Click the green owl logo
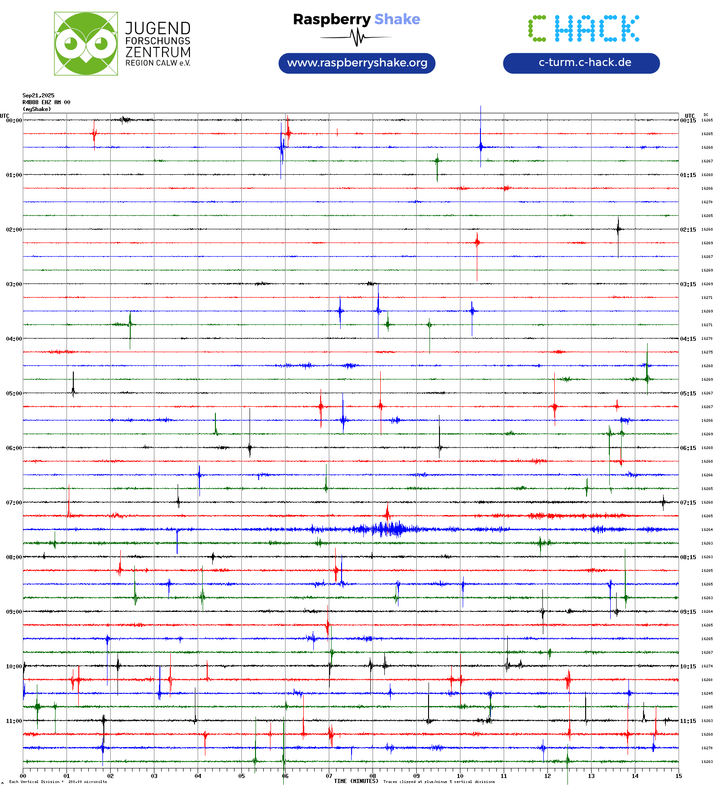86,44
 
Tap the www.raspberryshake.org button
357,63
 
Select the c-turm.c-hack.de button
581,63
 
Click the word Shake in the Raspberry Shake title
397,20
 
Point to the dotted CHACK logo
583,29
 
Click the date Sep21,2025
38,96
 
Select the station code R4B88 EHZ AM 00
46,102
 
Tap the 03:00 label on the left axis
14,284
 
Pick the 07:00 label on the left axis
14,503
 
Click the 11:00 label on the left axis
14,721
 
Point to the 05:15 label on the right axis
688,394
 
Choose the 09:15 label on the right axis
688,612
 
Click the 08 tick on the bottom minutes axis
373,776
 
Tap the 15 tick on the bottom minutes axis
679,776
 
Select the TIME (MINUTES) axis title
356,781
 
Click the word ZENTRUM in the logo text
158,52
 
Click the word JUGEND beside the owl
158,28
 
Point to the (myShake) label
36,109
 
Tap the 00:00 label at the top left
14,121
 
